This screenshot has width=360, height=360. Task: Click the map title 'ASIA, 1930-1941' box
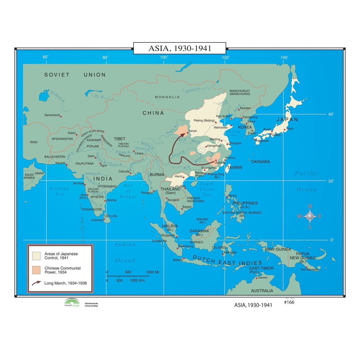click(180, 48)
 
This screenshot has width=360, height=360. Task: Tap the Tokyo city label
click(290, 129)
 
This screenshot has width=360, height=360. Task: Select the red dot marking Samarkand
click(61, 117)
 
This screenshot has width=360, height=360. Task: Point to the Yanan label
click(193, 131)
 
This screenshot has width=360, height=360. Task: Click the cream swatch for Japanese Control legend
click(36, 256)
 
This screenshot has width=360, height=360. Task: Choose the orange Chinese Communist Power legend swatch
click(36, 270)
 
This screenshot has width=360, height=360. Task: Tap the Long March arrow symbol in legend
click(36, 283)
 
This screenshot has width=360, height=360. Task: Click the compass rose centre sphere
click(310, 216)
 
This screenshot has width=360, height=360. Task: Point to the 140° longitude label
click(284, 58)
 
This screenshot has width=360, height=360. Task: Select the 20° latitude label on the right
click(331, 181)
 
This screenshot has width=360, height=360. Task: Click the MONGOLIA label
click(167, 97)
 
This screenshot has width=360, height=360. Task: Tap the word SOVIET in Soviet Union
click(57, 75)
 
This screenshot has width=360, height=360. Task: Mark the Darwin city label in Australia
click(263, 278)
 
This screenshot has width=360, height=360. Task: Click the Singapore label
click(168, 235)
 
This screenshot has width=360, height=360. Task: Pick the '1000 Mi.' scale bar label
click(153, 272)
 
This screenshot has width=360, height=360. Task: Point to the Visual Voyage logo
click(72, 303)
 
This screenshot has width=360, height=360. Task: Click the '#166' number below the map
click(289, 302)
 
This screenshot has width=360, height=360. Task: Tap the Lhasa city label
click(139, 153)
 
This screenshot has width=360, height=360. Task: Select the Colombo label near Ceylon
click(97, 220)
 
